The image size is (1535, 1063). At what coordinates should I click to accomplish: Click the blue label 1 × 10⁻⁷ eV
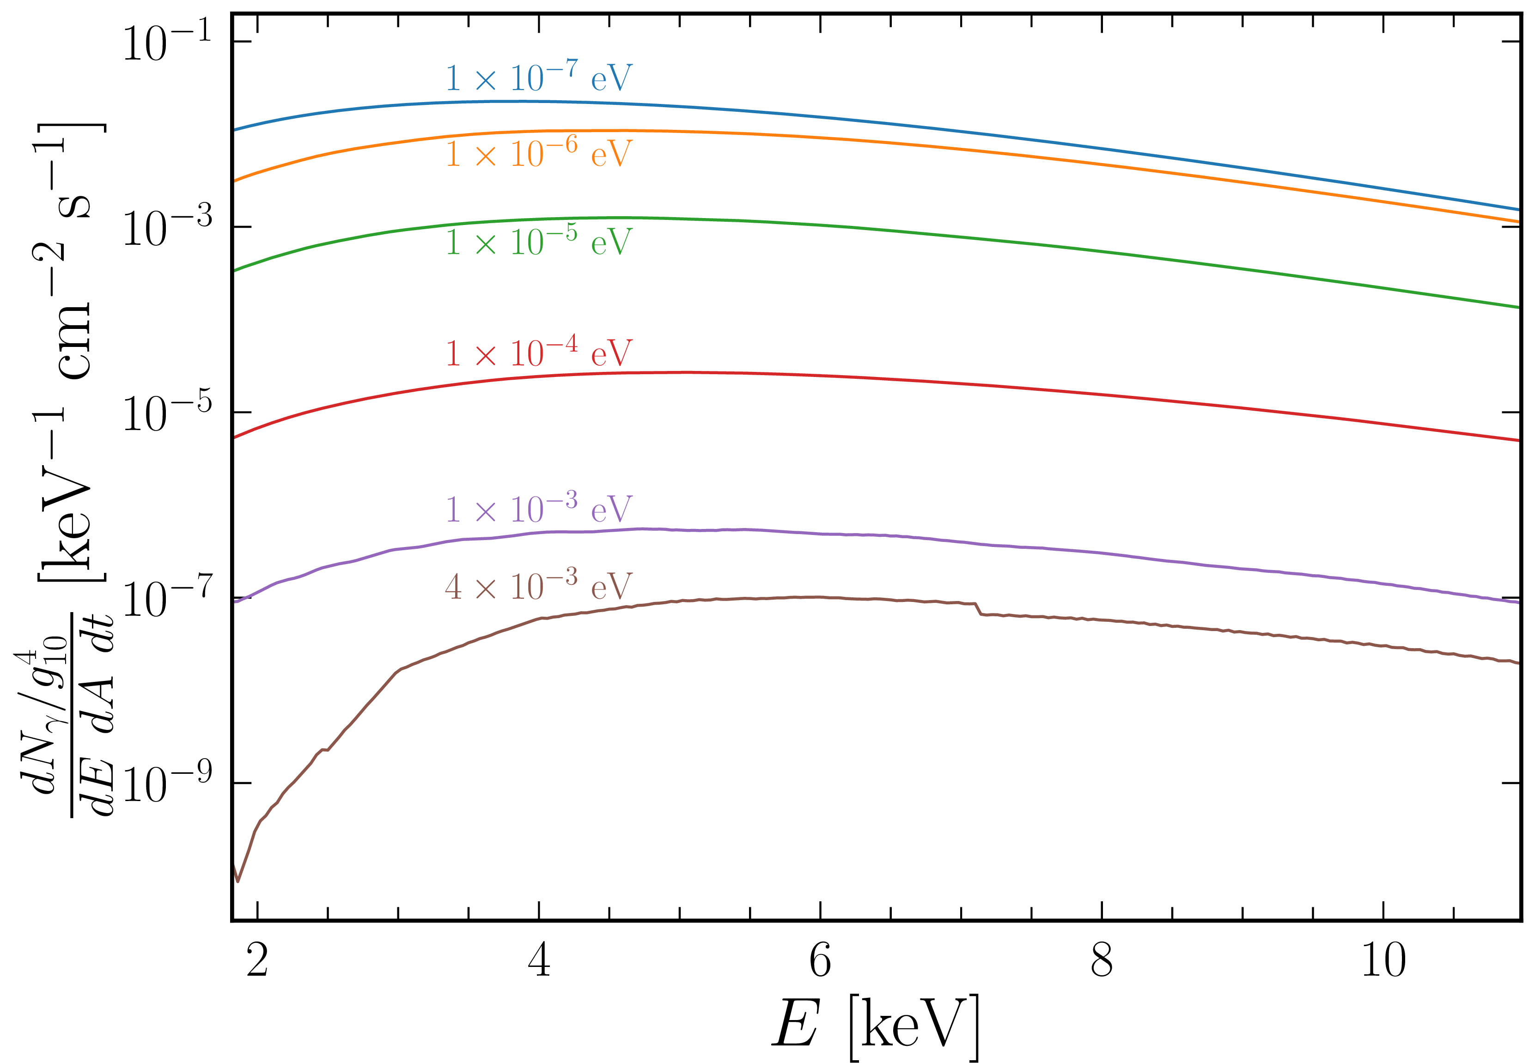pos(538,78)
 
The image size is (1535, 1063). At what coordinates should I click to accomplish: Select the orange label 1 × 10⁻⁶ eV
pos(538,154)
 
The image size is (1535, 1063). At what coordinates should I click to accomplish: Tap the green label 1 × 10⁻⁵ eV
pos(538,241)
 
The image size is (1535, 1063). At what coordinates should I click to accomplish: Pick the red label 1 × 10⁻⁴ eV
pos(538,352)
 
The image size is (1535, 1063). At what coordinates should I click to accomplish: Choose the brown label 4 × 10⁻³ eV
pos(538,587)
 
